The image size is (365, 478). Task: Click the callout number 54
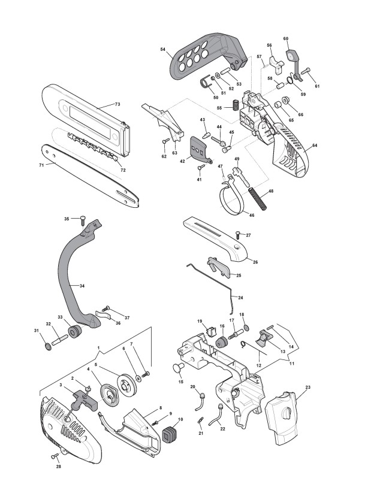(162, 49)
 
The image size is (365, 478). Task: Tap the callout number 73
(117, 104)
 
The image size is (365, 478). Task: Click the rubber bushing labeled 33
(75, 332)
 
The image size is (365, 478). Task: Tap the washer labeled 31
(48, 347)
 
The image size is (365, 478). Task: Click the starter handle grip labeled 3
(84, 401)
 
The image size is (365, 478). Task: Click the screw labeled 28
(55, 456)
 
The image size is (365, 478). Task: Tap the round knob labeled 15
(179, 368)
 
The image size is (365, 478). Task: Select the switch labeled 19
(210, 331)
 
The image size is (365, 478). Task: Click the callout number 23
(308, 387)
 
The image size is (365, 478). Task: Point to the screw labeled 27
(239, 235)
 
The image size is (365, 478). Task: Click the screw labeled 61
(306, 71)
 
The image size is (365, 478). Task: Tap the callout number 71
(41, 165)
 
